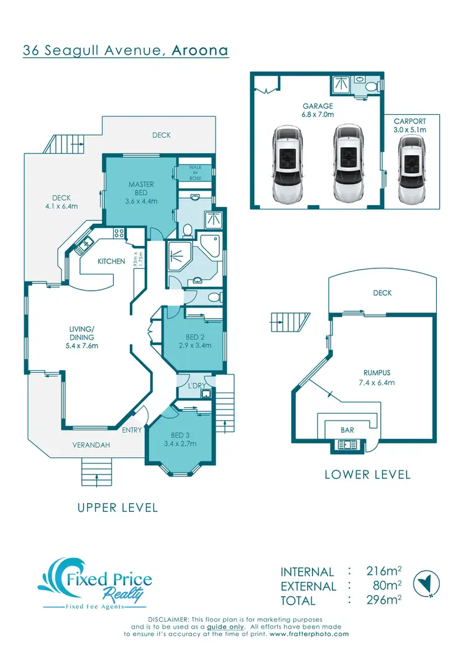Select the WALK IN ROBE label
click(x=196, y=173)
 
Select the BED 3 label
click(x=180, y=435)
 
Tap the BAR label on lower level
click(x=348, y=429)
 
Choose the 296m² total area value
click(x=380, y=600)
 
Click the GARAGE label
click(x=318, y=106)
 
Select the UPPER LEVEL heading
click(x=117, y=507)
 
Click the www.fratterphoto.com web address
click(x=309, y=634)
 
